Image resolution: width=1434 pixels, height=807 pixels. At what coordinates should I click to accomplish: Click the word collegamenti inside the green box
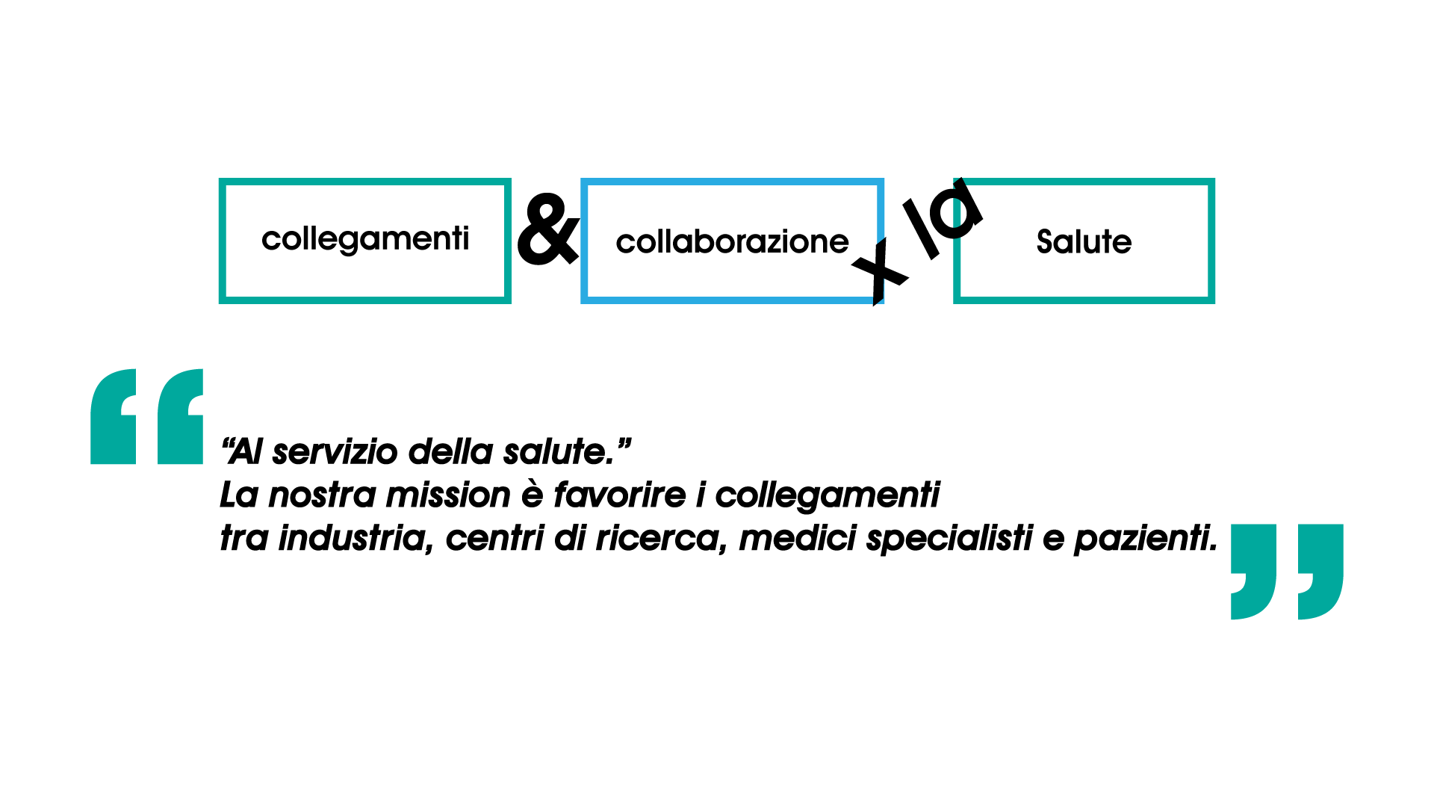pyautogui.click(x=365, y=240)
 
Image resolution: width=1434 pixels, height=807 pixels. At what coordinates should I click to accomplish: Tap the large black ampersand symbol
pyautogui.click(x=547, y=229)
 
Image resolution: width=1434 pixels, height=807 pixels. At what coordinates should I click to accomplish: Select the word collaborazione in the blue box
pyautogui.click(x=732, y=242)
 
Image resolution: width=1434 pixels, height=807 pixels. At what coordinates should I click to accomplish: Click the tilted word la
pyautogui.click(x=943, y=217)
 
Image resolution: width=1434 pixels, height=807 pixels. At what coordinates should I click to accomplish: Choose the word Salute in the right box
pyautogui.click(x=1084, y=242)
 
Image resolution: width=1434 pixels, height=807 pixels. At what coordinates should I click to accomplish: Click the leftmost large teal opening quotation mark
pyautogui.click(x=114, y=416)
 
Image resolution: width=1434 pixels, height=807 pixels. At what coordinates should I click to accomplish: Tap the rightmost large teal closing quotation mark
pyautogui.click(x=1320, y=571)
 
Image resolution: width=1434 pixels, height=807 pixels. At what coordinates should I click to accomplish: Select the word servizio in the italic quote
pyautogui.click(x=335, y=452)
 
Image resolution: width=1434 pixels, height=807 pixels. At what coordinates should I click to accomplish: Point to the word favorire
pyautogui.click(x=619, y=495)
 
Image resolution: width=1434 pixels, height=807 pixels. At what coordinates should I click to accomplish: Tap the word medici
pyautogui.click(x=797, y=538)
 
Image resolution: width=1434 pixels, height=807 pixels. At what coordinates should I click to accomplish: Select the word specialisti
pyautogui.click(x=949, y=538)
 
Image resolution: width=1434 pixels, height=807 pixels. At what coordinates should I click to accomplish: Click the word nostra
pyautogui.click(x=322, y=495)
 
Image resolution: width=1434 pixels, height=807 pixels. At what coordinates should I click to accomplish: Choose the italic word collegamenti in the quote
pyautogui.click(x=827, y=496)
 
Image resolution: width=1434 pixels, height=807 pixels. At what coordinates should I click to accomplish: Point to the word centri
pyautogui.click(x=494, y=538)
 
